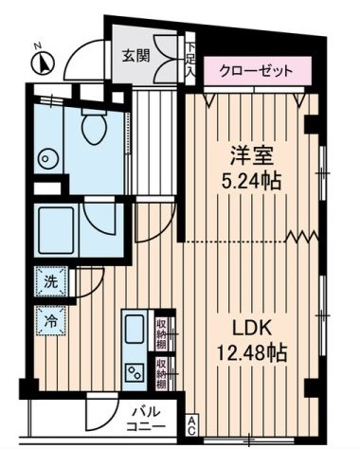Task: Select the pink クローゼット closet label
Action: [256, 70]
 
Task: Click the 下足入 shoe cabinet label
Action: [190, 59]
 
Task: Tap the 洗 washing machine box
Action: [48, 280]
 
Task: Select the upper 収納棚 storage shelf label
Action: [162, 332]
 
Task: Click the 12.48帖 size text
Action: [250, 353]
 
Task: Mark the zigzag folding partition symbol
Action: [302, 235]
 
